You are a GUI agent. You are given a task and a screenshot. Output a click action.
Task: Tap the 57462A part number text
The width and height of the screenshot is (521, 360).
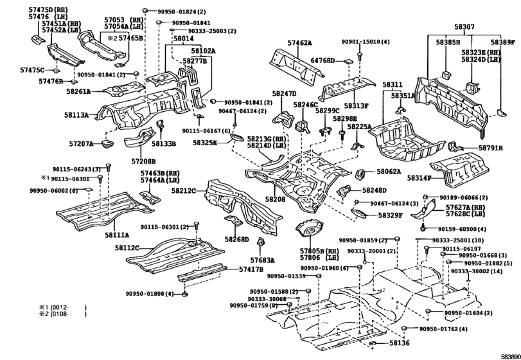(x=299, y=43)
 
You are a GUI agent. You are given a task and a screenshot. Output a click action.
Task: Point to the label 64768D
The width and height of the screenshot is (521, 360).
(x=322, y=61)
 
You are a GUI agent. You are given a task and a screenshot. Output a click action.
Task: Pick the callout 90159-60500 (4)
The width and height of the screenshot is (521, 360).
(x=459, y=229)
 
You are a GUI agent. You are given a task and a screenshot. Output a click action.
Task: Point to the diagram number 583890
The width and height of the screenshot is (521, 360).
(x=506, y=355)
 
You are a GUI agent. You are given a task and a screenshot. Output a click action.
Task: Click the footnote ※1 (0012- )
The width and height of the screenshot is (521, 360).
(x=63, y=308)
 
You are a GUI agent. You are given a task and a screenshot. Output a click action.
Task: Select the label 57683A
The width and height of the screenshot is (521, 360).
(x=262, y=260)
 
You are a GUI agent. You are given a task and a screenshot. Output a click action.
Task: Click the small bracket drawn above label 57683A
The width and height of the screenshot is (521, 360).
(x=261, y=242)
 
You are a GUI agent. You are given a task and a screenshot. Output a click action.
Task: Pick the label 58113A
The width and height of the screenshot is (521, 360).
(x=76, y=115)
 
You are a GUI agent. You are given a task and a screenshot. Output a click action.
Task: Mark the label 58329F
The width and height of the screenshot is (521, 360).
(x=391, y=215)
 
